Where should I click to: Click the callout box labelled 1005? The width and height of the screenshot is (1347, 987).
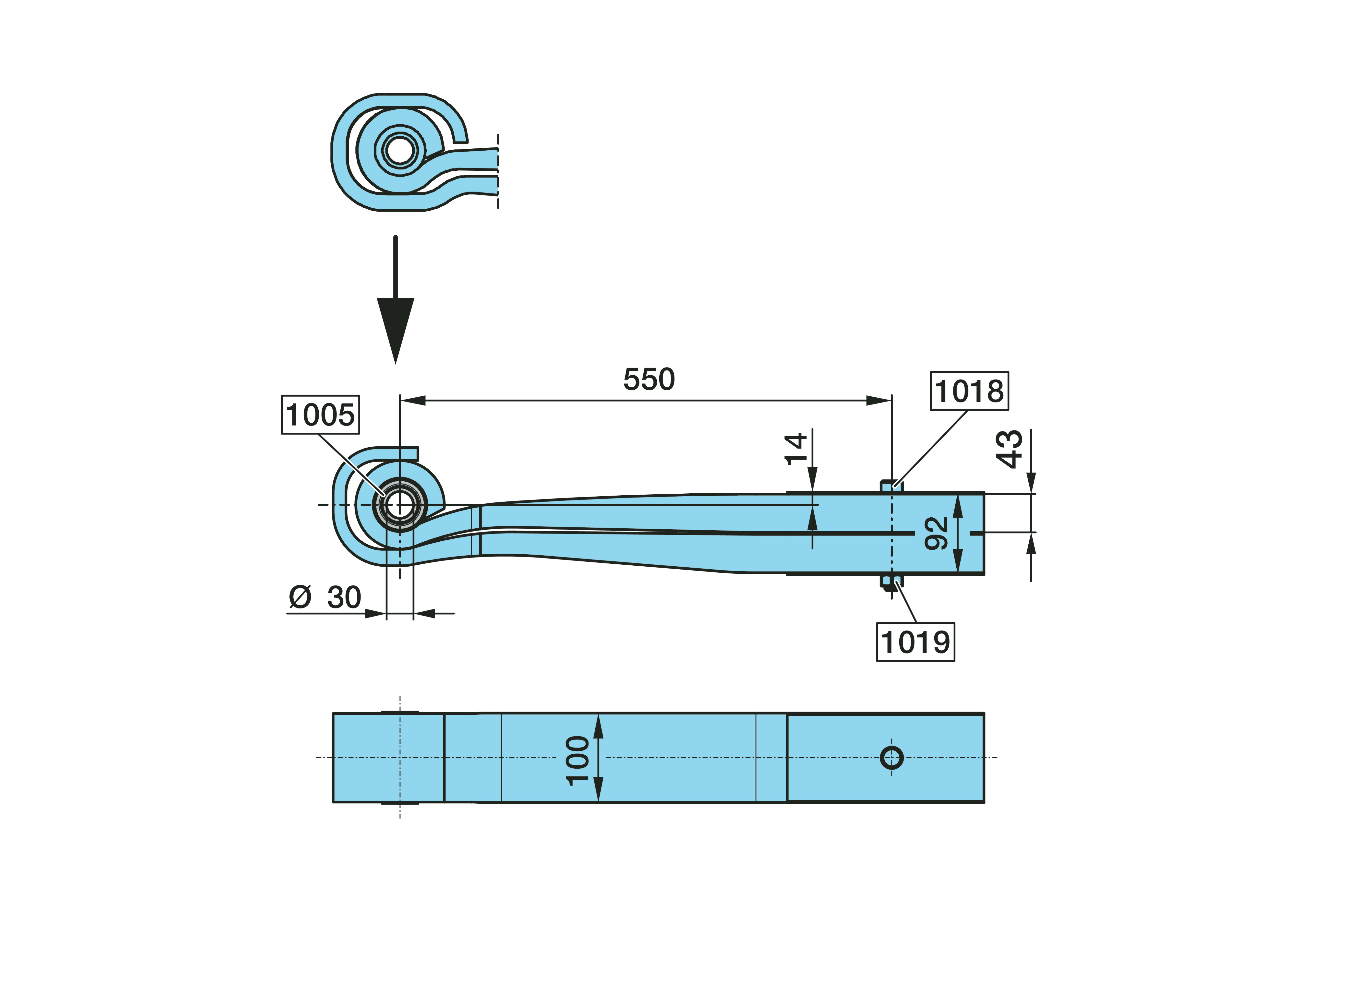pos(320,415)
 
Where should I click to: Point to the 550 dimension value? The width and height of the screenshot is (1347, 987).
pos(649,379)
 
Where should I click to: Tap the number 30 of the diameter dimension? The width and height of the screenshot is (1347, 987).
pos(344,597)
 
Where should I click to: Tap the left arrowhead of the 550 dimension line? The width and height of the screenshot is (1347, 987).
pos(412,400)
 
